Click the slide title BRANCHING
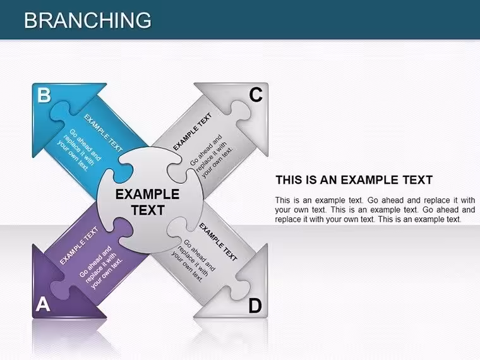tap(88, 20)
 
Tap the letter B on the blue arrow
tap(44, 95)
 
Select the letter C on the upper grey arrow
tap(256, 95)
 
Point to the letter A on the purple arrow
tap(43, 304)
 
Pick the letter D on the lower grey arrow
tap(255, 306)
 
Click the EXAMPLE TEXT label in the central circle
tap(148, 202)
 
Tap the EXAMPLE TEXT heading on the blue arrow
tap(103, 133)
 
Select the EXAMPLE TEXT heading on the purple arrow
tap(79, 246)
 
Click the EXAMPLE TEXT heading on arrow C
tap(193, 131)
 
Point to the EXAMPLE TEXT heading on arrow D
tap(218, 242)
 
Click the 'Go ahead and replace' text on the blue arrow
tap(79, 150)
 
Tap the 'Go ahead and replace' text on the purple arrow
tap(101, 267)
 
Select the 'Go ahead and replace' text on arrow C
tap(212, 157)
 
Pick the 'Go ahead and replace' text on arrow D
tap(193, 261)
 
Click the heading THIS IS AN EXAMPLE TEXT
tap(354, 180)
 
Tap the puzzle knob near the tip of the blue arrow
tap(60, 111)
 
